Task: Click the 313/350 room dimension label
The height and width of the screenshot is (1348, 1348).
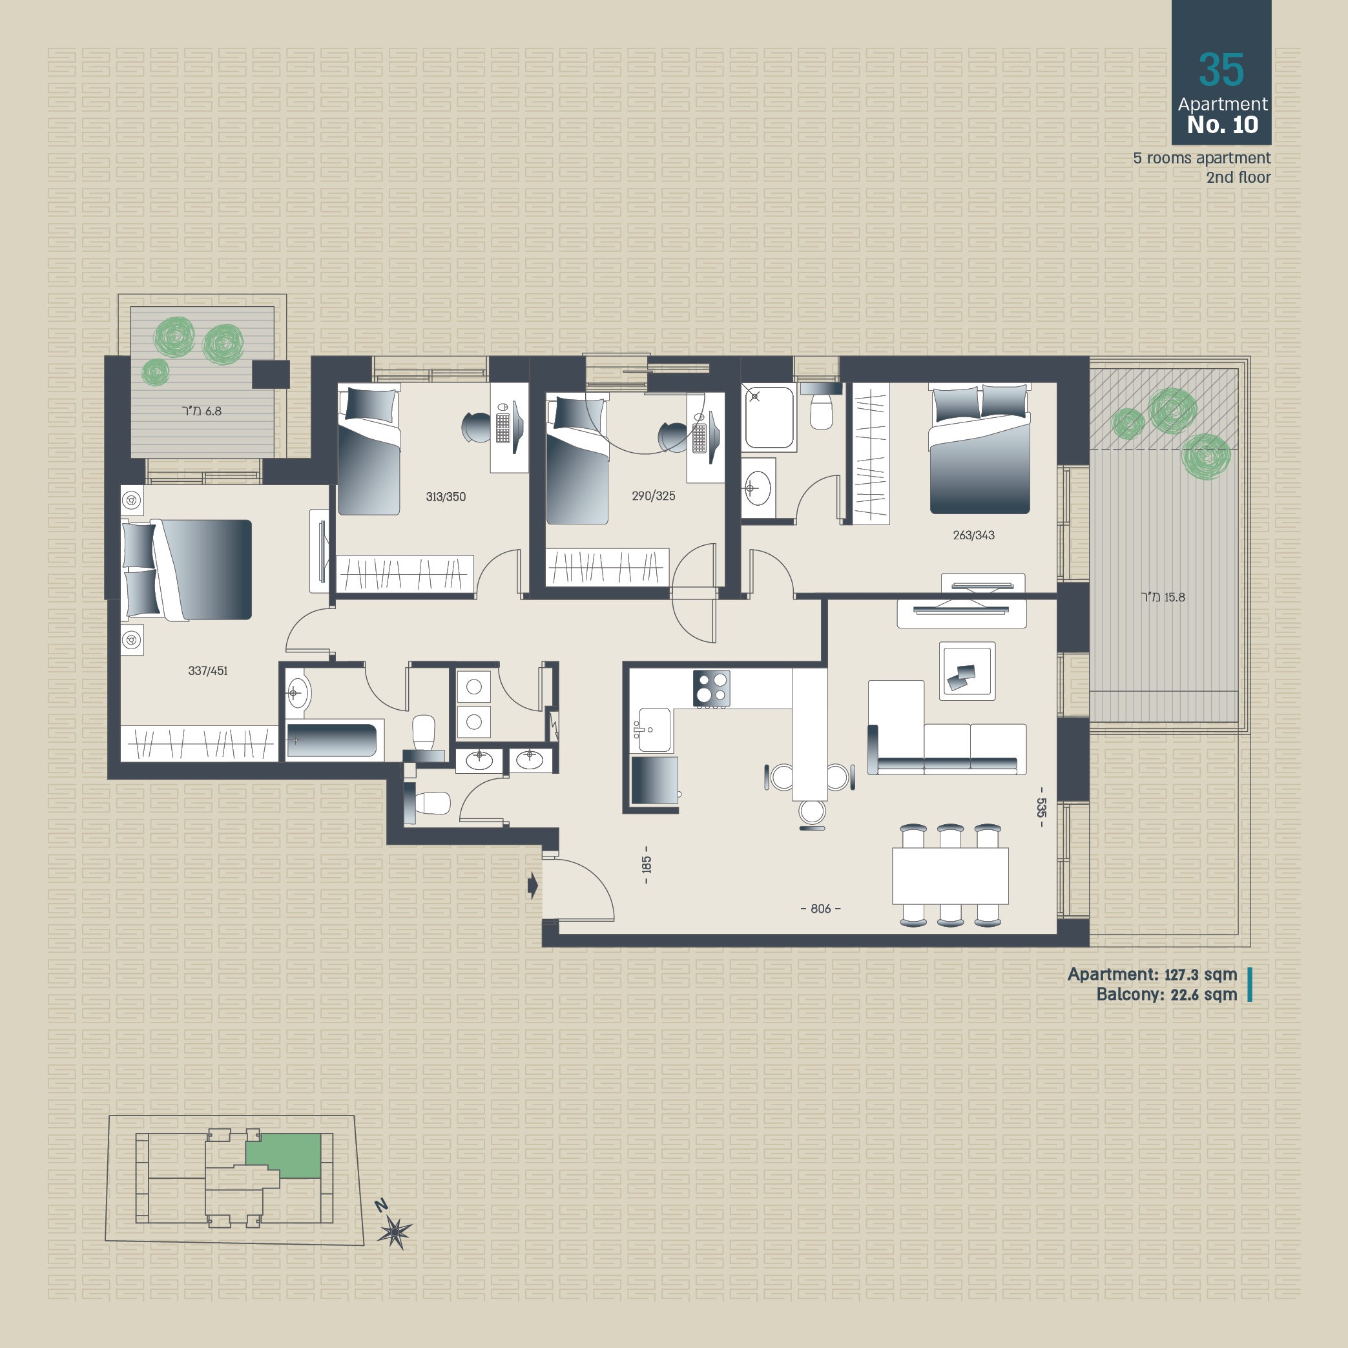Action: (x=446, y=497)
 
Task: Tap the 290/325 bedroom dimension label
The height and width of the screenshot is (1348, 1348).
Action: (x=653, y=496)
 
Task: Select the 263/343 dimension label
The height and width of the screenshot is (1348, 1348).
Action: (x=973, y=535)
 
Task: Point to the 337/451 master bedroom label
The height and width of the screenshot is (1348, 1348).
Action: (x=208, y=670)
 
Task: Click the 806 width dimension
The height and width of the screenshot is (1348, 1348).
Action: (x=820, y=908)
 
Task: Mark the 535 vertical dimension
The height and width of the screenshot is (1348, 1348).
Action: (x=1041, y=807)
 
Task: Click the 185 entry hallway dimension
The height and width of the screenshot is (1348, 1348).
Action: (x=646, y=864)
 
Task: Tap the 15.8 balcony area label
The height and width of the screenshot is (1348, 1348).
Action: (x=1163, y=597)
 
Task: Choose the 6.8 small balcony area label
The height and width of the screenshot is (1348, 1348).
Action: (x=202, y=411)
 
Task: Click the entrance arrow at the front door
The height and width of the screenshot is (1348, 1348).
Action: (x=533, y=886)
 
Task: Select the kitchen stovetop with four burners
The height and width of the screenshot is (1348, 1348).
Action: (x=712, y=688)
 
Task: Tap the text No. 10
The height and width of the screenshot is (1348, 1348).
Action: (x=1223, y=125)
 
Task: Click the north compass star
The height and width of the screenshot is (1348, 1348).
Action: (x=395, y=1233)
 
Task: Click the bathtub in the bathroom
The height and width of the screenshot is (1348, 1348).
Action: (x=332, y=740)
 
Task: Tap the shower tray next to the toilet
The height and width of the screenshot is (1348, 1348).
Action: (x=769, y=418)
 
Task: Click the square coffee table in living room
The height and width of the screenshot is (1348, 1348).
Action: (x=967, y=671)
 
